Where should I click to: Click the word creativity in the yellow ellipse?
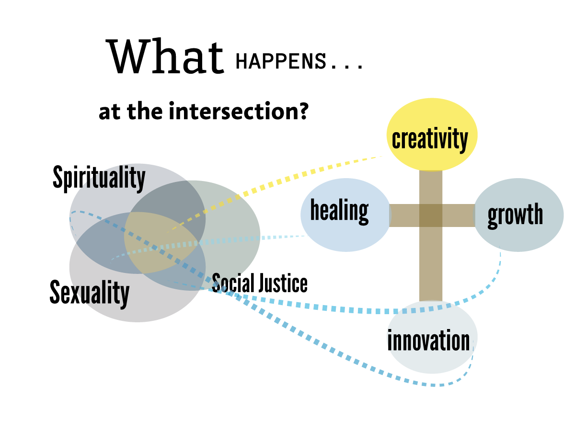[430, 139]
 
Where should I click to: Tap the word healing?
[339, 211]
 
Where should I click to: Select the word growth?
[515, 215]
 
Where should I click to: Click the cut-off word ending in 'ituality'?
[113, 178]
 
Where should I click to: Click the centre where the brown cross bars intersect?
[431, 215]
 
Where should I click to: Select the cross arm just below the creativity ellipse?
[431, 187]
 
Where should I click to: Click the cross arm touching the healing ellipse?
[405, 215]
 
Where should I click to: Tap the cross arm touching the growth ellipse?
[458, 215]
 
